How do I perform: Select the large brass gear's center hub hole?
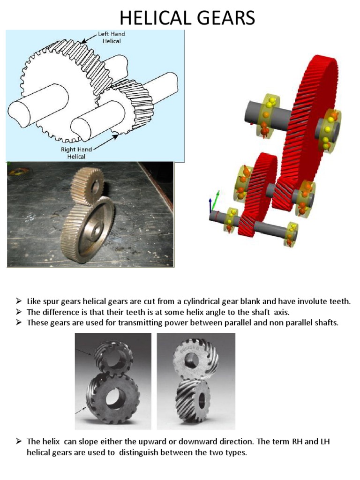click(97, 230)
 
